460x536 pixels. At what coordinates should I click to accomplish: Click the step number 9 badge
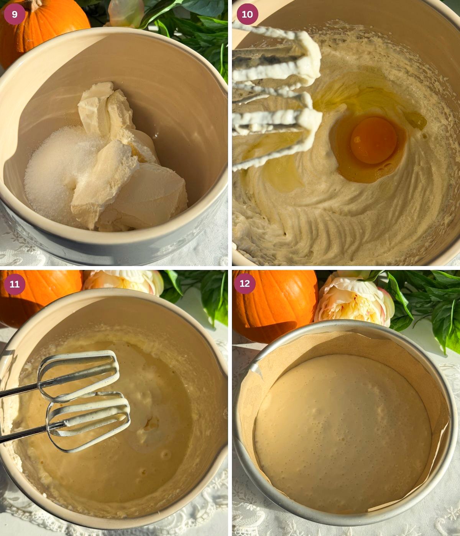tap(15, 15)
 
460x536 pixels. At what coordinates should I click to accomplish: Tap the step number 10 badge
tap(247, 15)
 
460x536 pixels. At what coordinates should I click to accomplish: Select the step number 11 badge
tap(15, 284)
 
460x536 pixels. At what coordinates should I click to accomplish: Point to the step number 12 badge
tap(245, 284)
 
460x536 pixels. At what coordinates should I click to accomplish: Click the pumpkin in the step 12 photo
tap(272, 306)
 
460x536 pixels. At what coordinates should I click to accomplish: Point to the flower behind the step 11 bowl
tap(123, 281)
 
